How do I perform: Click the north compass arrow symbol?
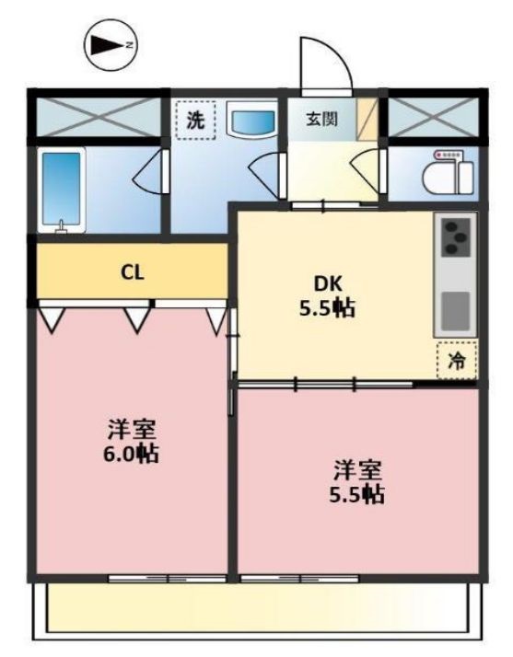click(x=110, y=43)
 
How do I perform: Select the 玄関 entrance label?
click(x=322, y=120)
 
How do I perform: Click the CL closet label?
click(x=133, y=271)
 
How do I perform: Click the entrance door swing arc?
click(x=324, y=64)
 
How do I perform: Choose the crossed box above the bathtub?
click(x=97, y=118)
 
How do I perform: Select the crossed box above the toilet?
click(x=431, y=118)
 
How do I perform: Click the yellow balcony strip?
click(x=257, y=610)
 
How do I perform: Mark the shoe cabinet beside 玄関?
click(x=368, y=120)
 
